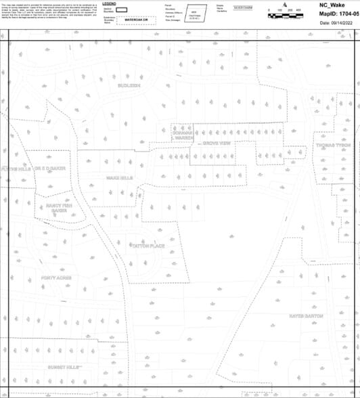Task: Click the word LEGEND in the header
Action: (118, 4)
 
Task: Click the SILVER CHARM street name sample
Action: (243, 7)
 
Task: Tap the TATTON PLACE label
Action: (148, 245)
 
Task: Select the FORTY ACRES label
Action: (55, 278)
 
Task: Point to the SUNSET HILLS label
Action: (64, 366)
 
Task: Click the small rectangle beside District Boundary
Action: (122, 11)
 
